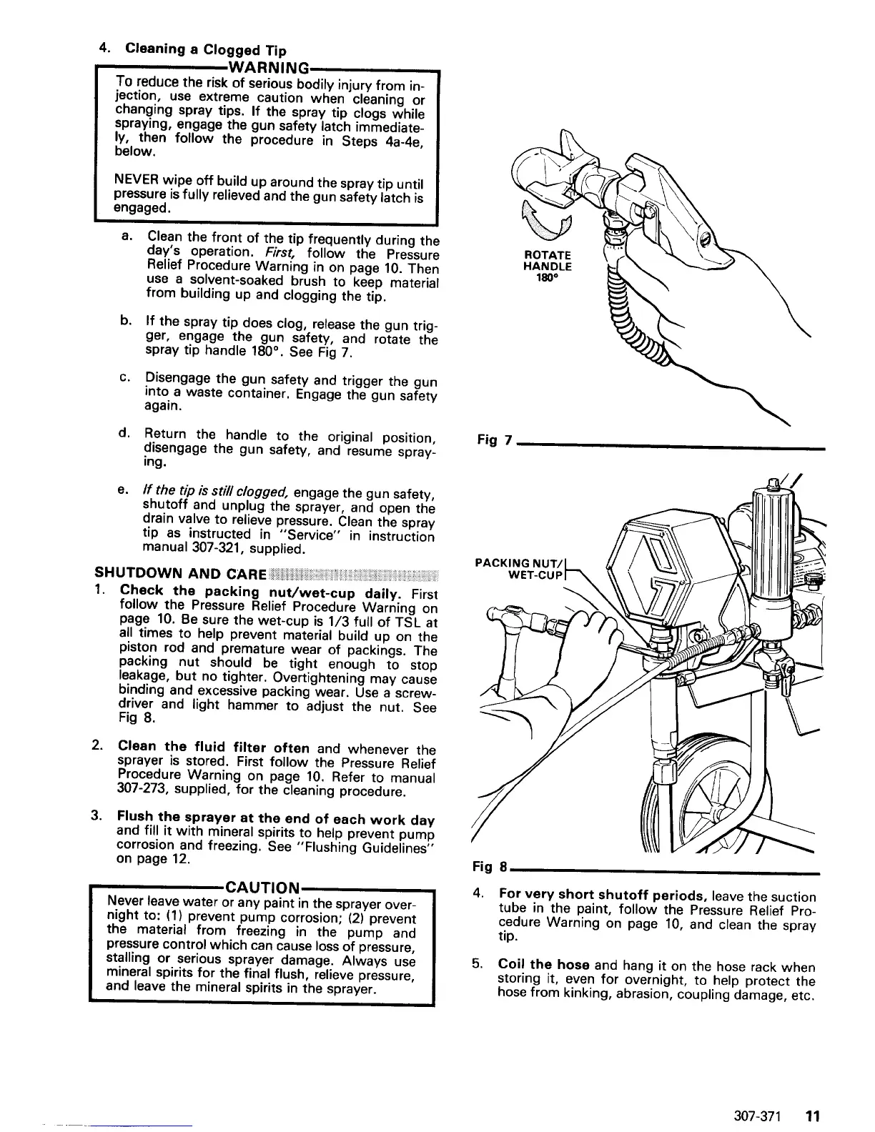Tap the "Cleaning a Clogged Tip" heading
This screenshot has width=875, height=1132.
pos(206,51)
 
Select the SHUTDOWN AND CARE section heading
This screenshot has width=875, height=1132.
pos(181,575)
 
